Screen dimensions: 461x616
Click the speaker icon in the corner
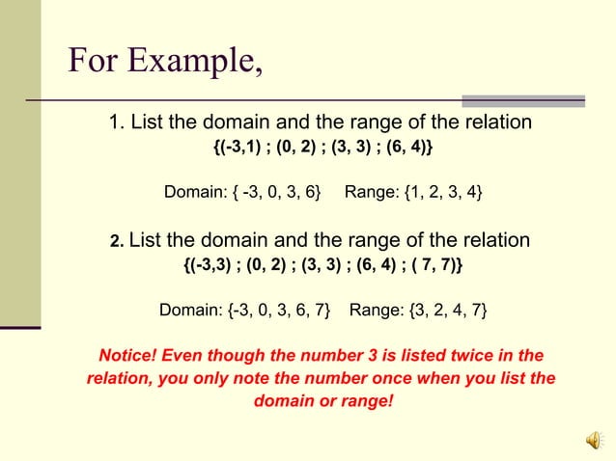(x=593, y=440)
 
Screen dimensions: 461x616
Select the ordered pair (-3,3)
(x=209, y=263)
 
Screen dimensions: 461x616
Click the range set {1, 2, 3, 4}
(x=435, y=193)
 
